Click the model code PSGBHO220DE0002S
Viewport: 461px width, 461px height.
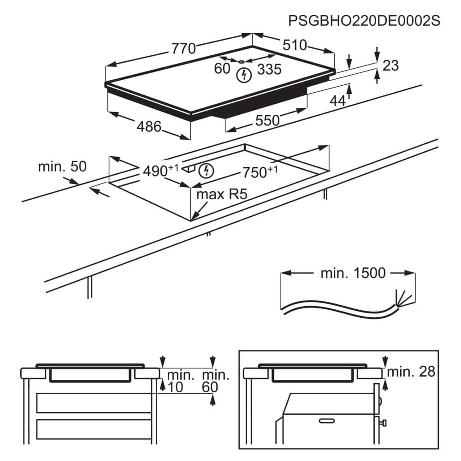click(x=364, y=21)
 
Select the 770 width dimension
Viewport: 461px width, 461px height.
click(x=184, y=48)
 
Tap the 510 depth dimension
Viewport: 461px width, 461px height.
click(x=295, y=45)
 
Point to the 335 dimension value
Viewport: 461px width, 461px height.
click(x=269, y=69)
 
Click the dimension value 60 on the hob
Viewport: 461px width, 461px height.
click(x=222, y=69)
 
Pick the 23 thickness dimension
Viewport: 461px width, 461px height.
click(x=390, y=66)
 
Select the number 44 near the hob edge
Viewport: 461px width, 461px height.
click(x=337, y=101)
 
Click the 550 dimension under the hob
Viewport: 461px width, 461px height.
click(x=267, y=120)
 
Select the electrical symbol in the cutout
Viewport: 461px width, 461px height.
click(x=207, y=171)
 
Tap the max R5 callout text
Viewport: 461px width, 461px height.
click(x=222, y=194)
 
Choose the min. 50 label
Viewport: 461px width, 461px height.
click(x=62, y=166)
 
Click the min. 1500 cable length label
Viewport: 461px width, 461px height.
click(x=353, y=273)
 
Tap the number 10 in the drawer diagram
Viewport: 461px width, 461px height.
click(x=175, y=387)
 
